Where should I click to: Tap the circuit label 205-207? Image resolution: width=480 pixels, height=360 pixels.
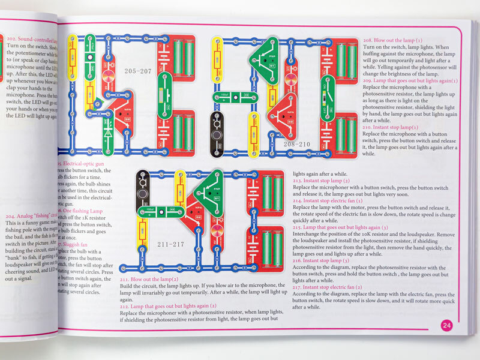(138, 71)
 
